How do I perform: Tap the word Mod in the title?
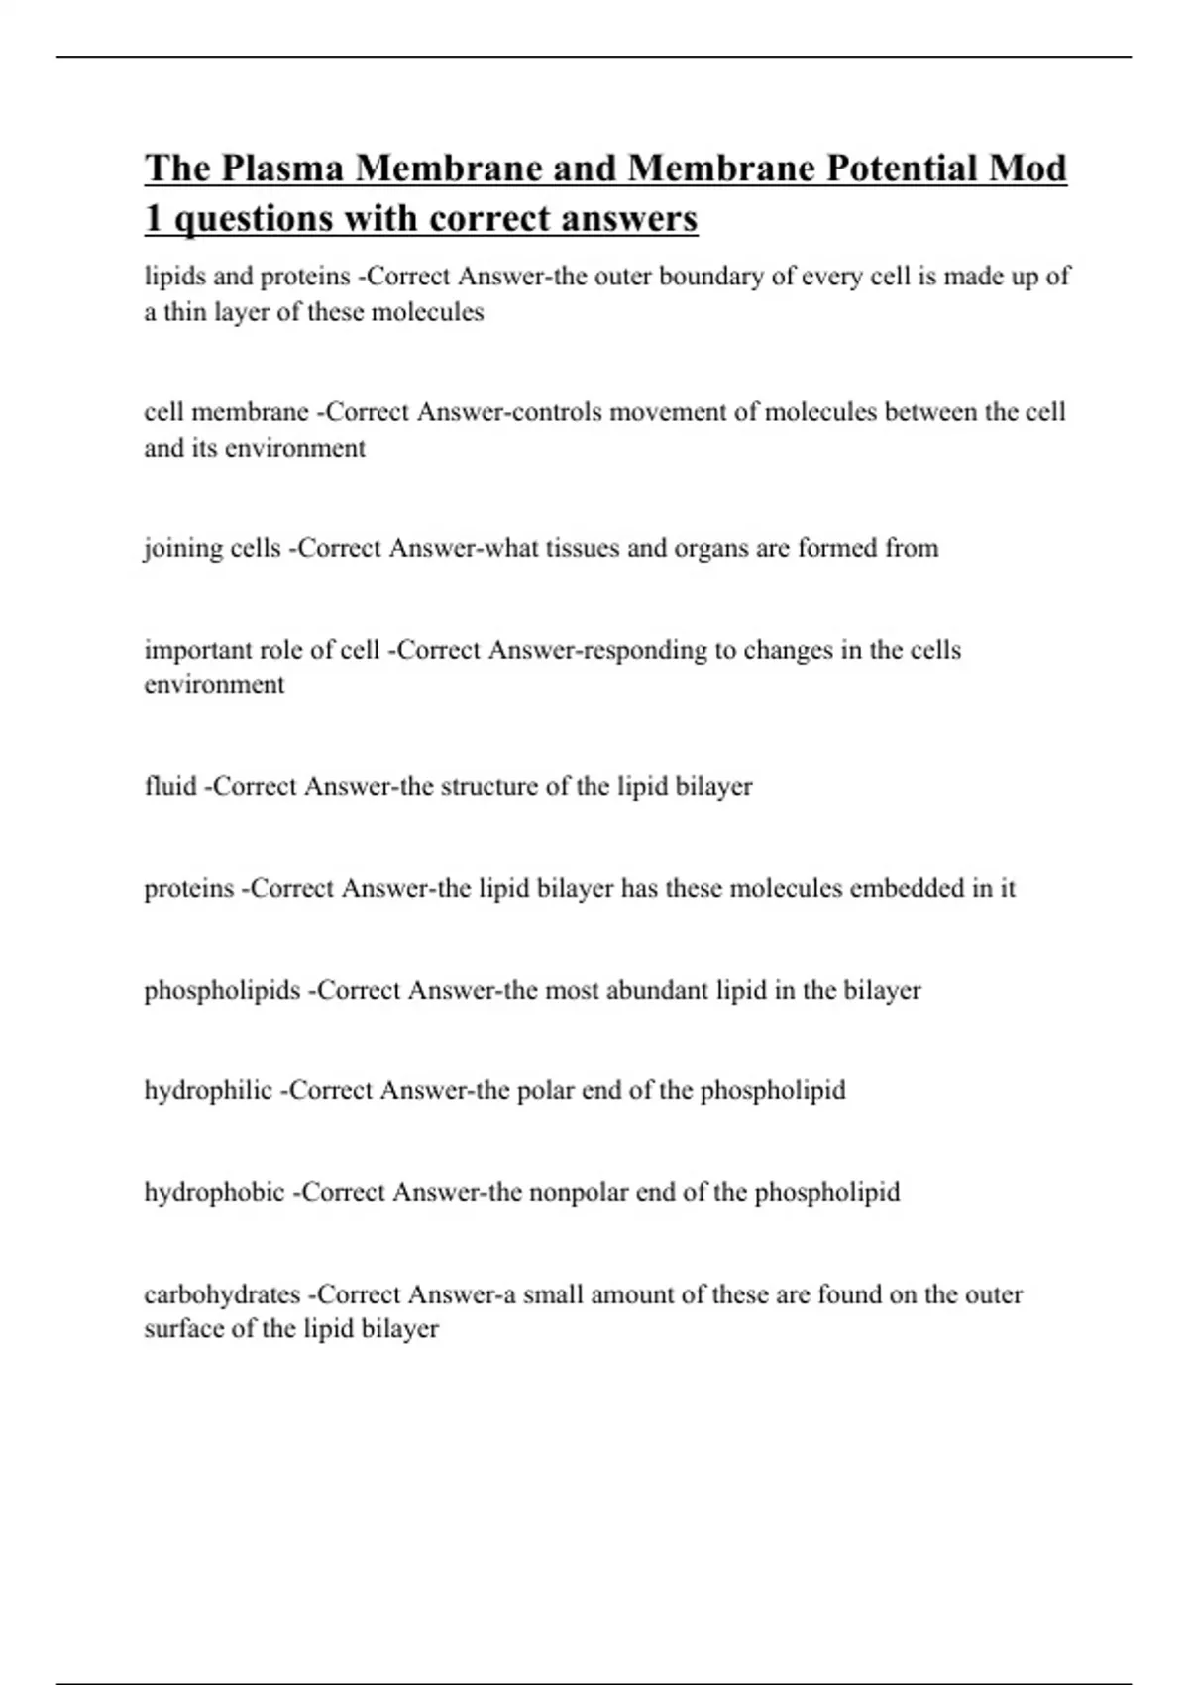1027,168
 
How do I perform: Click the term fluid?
170,786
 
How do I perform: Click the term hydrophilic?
208,1090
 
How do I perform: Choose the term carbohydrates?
222,1294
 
